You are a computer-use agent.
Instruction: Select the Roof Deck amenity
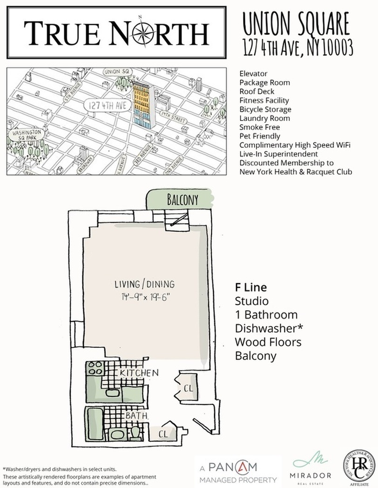(256, 92)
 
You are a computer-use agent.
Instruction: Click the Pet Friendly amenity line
(260, 136)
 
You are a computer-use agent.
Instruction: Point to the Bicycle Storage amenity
(265, 109)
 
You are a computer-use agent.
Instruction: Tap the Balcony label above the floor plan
(182, 200)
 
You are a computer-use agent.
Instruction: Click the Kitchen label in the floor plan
(139, 373)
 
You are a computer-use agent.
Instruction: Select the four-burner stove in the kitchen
(95, 368)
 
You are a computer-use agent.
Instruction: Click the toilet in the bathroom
(135, 432)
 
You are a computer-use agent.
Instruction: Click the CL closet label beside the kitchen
(189, 387)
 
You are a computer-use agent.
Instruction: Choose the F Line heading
(251, 287)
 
